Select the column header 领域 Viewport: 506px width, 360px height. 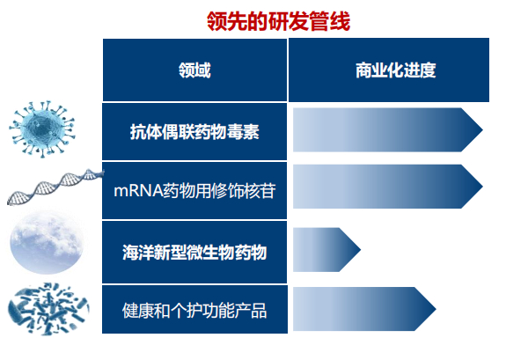194,70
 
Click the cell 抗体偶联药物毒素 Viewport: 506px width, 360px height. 194,131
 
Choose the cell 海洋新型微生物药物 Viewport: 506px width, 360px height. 194,253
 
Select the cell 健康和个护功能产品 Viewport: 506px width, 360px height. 194,311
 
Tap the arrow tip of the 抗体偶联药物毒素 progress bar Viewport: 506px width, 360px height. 474,131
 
